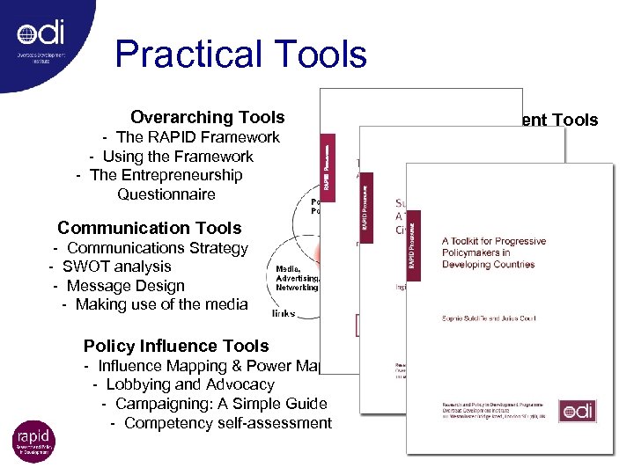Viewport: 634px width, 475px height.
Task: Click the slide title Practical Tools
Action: coord(240,55)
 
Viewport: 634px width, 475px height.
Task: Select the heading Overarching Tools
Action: coord(207,117)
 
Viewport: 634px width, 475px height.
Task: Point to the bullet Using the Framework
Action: coord(177,157)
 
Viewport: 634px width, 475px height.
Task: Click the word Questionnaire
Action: coord(166,194)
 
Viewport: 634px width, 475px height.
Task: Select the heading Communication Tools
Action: coord(149,228)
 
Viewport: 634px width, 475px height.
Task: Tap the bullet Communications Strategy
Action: coord(151,248)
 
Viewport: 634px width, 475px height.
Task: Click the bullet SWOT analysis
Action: coord(110,267)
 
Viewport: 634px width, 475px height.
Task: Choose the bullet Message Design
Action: coord(119,286)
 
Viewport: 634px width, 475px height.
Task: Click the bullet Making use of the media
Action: coord(155,304)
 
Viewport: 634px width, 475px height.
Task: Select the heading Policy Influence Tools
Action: coord(176,346)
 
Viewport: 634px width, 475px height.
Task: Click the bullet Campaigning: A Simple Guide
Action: coord(214,404)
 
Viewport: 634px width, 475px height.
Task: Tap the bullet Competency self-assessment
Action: coord(221,423)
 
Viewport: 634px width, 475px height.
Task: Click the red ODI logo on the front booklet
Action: coord(578,410)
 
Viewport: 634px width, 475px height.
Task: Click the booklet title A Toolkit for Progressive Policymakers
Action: coord(493,252)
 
